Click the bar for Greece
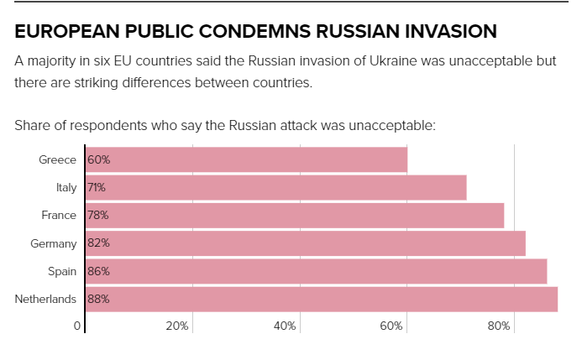coord(246,159)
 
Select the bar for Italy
coord(275,187)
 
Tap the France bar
coord(294,215)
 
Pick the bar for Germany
coord(305,243)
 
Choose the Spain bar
coord(316,271)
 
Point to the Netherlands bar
coord(322,299)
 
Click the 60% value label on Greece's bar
coord(99,159)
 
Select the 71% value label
coord(97,187)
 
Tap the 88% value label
coord(99,299)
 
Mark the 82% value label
coord(99,243)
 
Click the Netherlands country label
coord(45,299)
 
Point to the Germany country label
coord(53,243)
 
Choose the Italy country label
coord(66,187)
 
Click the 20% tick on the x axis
coord(177,326)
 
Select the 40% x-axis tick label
coord(285,326)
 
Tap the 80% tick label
coord(499,326)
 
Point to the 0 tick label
coord(76,326)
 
